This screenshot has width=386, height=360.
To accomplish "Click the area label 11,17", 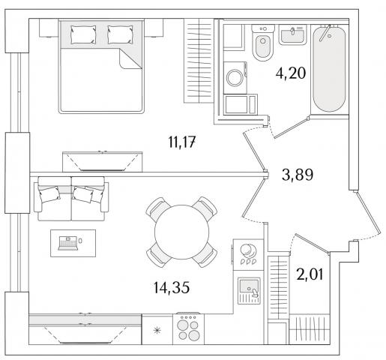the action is point(181,142).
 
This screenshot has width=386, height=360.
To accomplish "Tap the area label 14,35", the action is point(172,287).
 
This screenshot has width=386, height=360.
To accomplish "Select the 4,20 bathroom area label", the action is point(291,73).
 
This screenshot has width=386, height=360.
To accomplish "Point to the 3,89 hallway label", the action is point(298,175).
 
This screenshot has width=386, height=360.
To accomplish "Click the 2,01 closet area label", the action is point(310,274).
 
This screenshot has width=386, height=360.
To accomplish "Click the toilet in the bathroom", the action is point(262,43).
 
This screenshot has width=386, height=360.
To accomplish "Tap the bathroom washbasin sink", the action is point(292,34).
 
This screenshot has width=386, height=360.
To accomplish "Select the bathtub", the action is point(329,68).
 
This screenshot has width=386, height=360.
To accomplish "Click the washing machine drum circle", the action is point(235,78).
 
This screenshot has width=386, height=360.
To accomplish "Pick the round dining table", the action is point(181,232).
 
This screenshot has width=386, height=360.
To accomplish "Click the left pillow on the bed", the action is point(83,34).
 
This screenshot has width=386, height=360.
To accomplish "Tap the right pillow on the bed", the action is point(120,34).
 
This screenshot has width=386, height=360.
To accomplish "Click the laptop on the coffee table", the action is point(68,243).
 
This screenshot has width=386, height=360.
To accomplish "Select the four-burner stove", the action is point(188,328).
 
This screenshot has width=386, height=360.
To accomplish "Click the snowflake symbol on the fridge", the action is point(157,331).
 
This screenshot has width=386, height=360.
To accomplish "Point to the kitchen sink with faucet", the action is point(249,290).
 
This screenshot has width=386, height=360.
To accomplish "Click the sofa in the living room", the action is point(71,199).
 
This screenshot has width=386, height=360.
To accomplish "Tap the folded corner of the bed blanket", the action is point(130,58).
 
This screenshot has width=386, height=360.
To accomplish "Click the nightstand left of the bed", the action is point(49,28).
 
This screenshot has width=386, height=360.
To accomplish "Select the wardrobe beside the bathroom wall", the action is point(199,61).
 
